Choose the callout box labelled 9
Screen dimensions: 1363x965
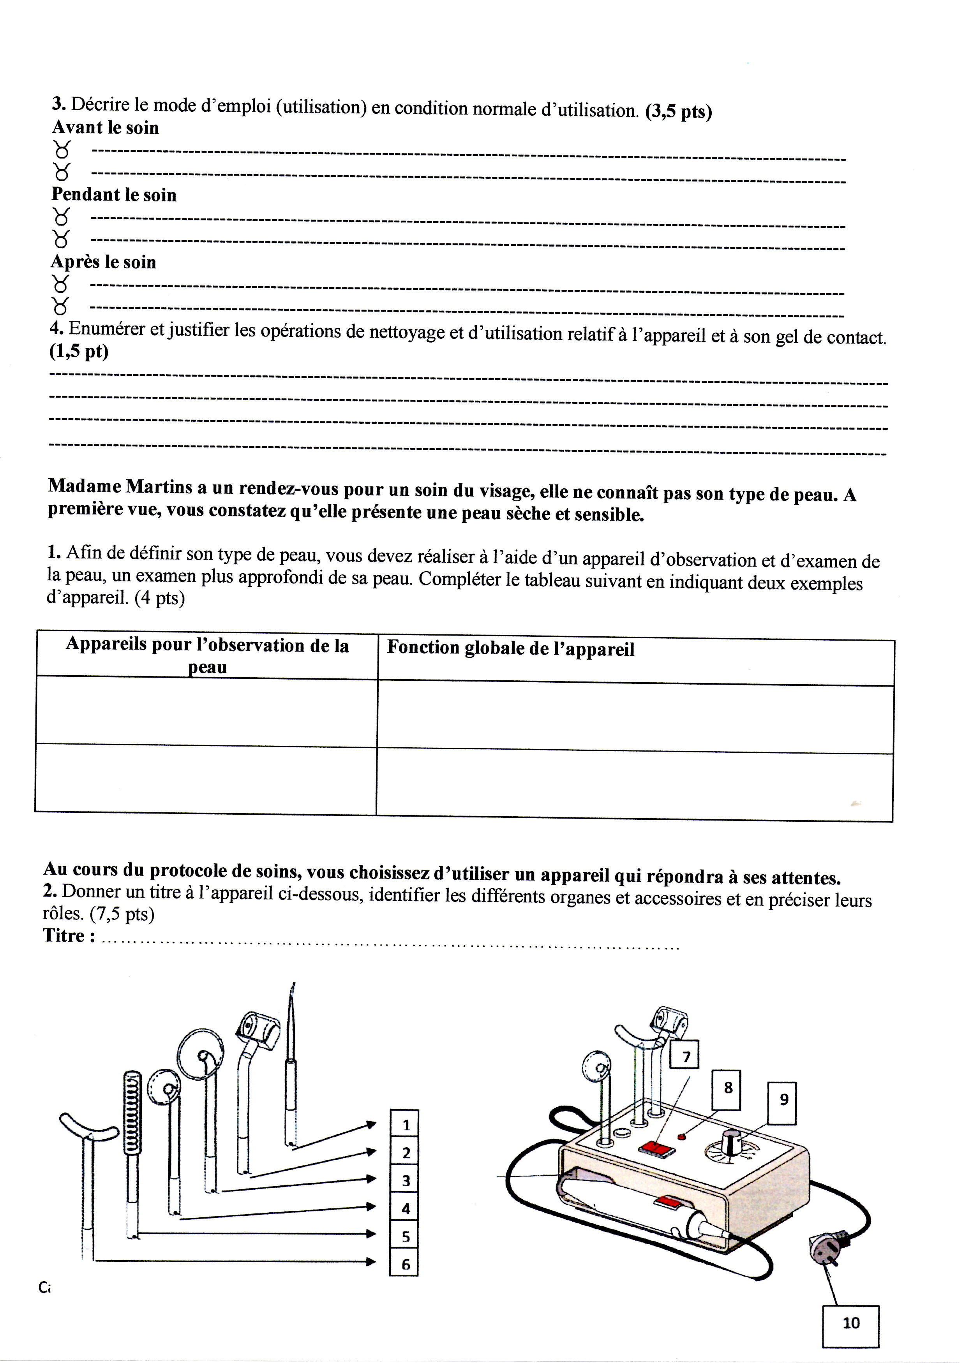783,1099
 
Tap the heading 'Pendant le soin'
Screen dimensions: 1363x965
114,195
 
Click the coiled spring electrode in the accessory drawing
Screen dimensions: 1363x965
132,1111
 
